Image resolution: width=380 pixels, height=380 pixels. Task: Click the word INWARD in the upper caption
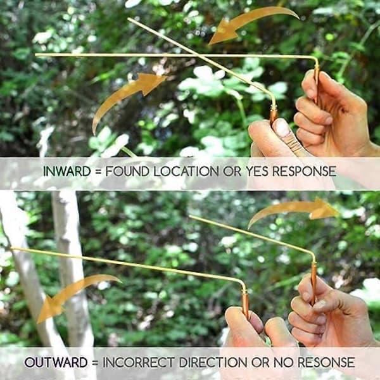[x=67, y=172]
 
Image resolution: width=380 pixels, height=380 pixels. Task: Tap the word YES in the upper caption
[x=256, y=172]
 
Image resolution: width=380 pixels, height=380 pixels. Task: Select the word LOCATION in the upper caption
[x=186, y=172]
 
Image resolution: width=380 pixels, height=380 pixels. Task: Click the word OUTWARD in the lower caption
[x=56, y=362]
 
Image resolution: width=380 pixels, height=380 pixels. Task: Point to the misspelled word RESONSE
[x=326, y=362]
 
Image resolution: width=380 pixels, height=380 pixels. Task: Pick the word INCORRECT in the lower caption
[x=139, y=362]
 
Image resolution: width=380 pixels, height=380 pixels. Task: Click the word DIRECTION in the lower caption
[x=213, y=362]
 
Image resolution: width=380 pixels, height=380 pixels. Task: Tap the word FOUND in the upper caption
[x=127, y=172]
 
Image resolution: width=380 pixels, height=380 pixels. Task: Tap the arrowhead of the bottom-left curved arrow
[x=49, y=310]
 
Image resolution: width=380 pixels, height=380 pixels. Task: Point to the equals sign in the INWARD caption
[x=98, y=172]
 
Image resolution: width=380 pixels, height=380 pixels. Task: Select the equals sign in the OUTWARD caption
[x=95, y=363]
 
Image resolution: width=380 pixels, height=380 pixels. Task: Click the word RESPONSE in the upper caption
[x=304, y=172]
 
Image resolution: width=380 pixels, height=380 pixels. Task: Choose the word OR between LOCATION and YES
[x=232, y=172]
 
